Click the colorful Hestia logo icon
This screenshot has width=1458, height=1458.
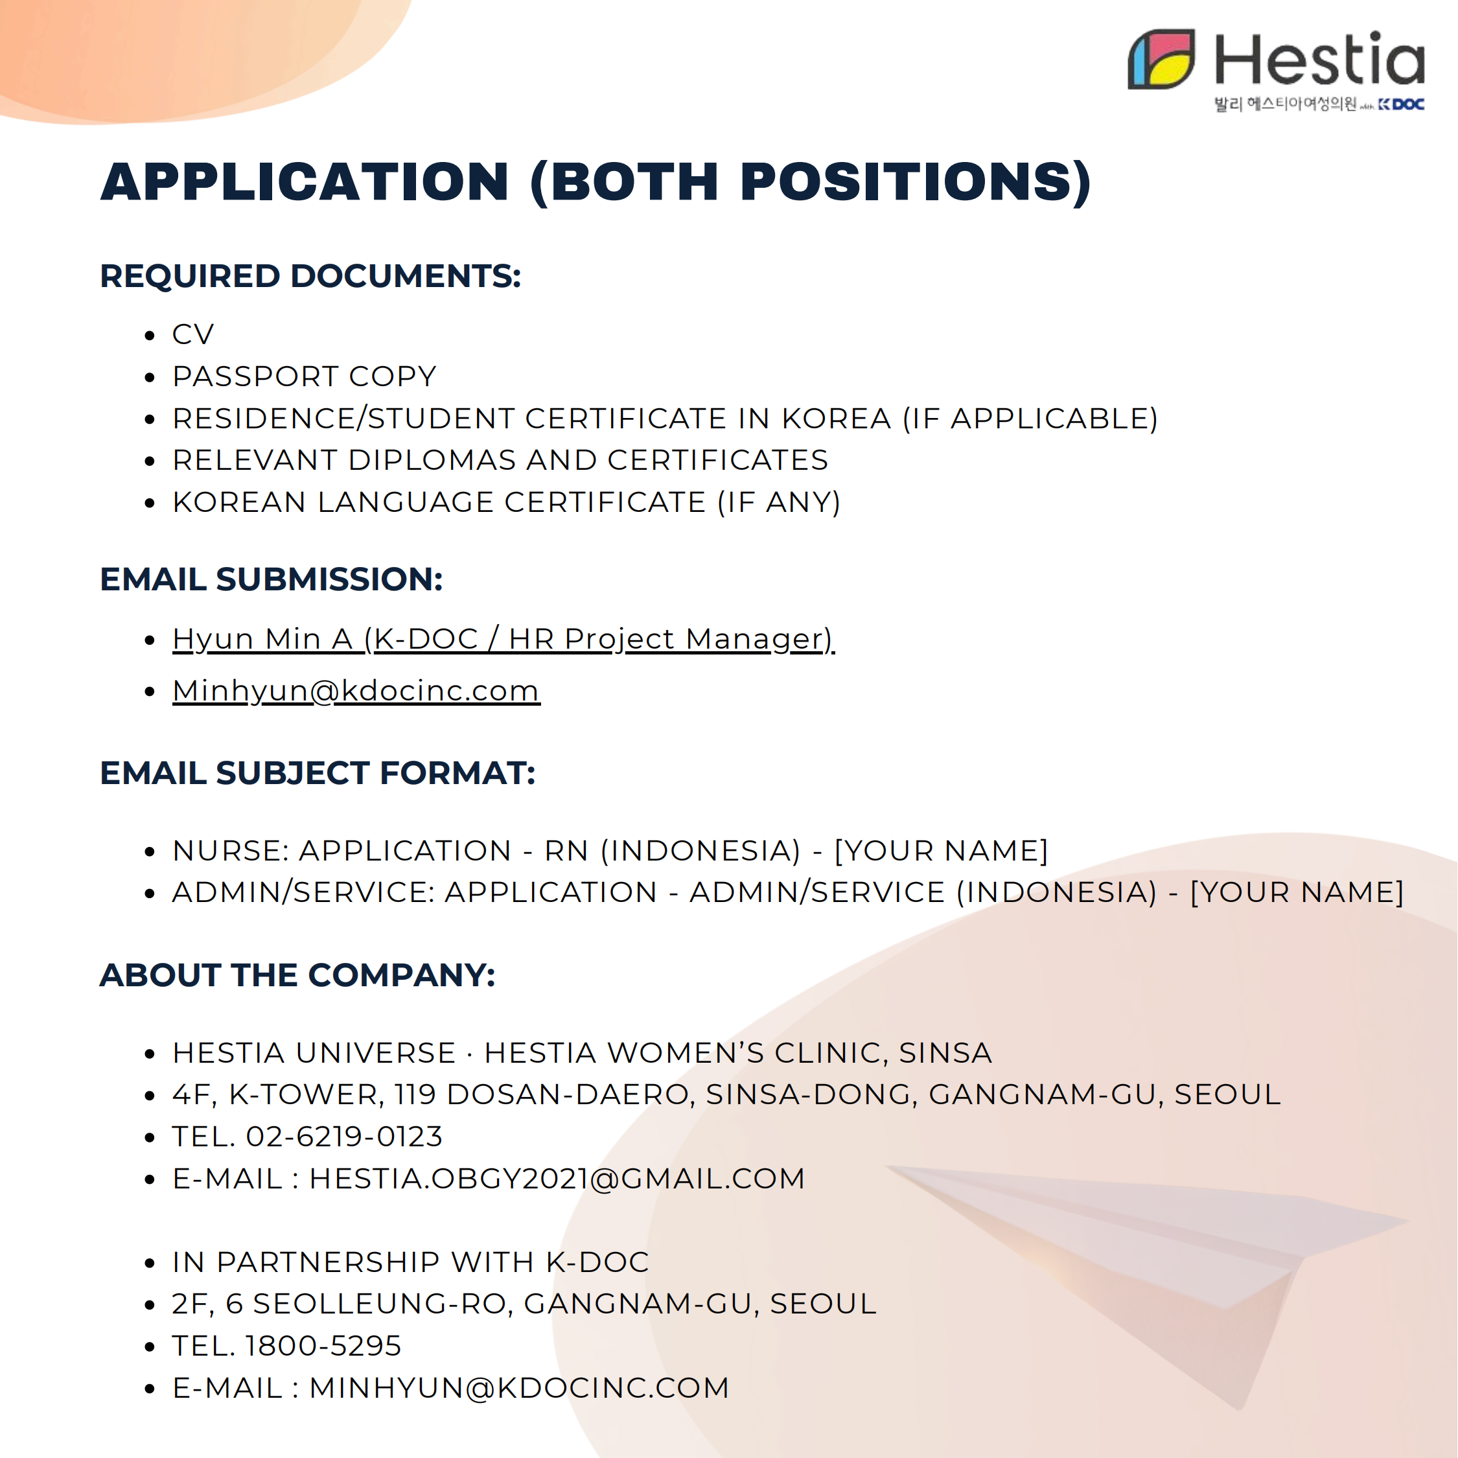coord(1161,60)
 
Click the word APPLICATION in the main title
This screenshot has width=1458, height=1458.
coord(305,182)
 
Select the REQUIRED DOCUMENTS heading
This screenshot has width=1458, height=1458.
coord(310,276)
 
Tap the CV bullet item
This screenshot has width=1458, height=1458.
coord(193,334)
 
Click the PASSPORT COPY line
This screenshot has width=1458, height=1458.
coord(304,376)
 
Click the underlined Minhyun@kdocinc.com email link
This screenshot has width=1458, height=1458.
coord(356,691)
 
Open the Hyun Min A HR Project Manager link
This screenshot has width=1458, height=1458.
coord(503,638)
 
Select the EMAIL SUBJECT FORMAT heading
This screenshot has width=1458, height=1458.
coord(318,773)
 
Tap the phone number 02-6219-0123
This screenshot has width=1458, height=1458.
coord(344,1137)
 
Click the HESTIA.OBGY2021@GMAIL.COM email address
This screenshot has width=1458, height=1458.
coord(557,1179)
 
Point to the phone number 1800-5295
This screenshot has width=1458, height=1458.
coord(323,1345)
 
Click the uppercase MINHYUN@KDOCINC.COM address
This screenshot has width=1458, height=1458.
coord(519,1388)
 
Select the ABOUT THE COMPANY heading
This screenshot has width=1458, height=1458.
coord(297,975)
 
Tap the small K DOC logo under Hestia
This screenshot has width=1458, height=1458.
coord(1402,104)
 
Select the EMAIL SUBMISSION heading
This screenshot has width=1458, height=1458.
coord(271,579)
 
